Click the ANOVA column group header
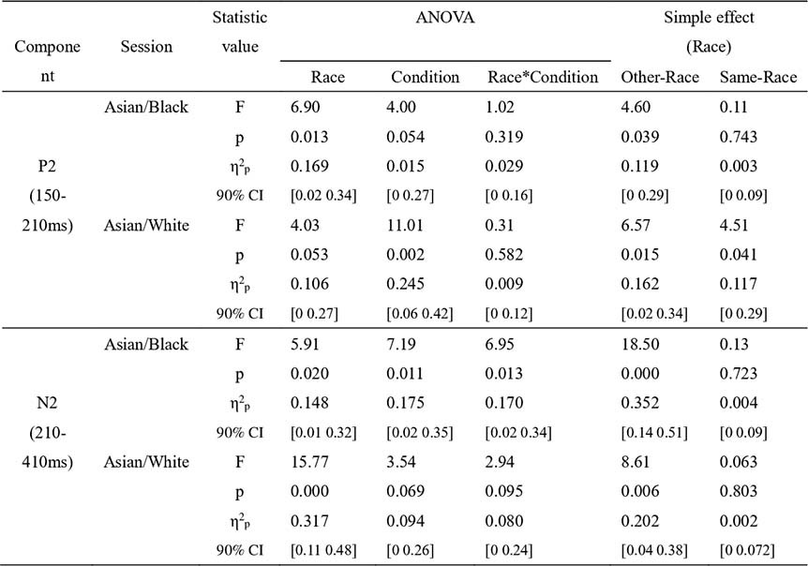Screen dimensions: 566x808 pos(444,17)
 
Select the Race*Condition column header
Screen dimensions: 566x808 pos(543,78)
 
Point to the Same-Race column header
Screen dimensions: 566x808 pos(756,78)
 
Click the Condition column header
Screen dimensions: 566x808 pos(426,78)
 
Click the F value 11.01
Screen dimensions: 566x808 pos(411,226)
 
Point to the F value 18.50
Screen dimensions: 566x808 pos(641,346)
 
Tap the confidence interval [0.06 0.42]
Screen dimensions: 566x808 pos(425,314)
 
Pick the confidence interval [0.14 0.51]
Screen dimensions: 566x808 pos(655,432)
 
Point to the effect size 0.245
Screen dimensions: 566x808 pos(410,286)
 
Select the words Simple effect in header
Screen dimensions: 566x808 pos(709,17)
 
